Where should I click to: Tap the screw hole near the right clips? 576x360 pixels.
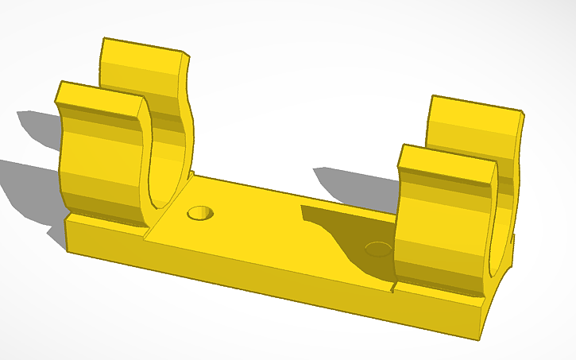(378, 250)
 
